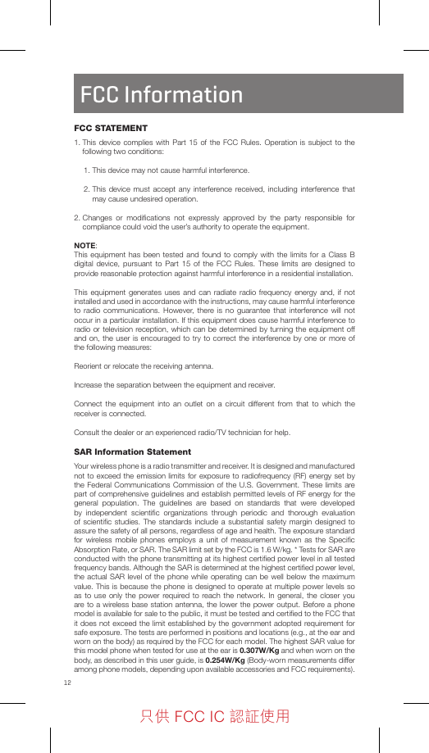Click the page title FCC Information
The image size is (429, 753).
point(162,95)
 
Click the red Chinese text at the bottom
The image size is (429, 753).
point(215,717)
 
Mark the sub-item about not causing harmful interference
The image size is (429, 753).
point(167,170)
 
